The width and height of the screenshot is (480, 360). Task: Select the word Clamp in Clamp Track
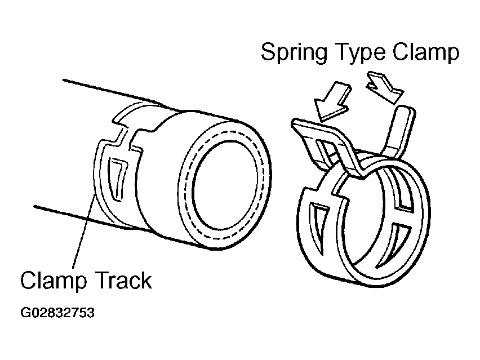click(x=52, y=279)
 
